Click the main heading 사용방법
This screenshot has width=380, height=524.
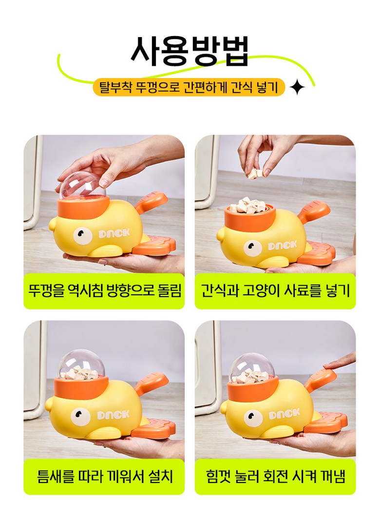[x=190, y=51]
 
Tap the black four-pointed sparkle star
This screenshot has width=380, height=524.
[x=297, y=88]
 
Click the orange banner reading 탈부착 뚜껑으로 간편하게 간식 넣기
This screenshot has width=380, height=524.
[x=189, y=87]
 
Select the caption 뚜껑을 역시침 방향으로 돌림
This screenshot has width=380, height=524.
[x=104, y=291]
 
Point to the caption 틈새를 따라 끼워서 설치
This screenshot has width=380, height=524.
[x=104, y=476]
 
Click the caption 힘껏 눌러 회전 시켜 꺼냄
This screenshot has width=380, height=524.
[x=275, y=476]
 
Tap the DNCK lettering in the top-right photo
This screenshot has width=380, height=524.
[x=282, y=245]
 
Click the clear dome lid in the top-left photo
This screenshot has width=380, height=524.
[x=83, y=187]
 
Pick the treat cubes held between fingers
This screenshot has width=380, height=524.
[x=256, y=173]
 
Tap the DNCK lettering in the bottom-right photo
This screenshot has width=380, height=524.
[x=284, y=414]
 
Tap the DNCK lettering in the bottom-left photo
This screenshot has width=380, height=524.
[x=114, y=415]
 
